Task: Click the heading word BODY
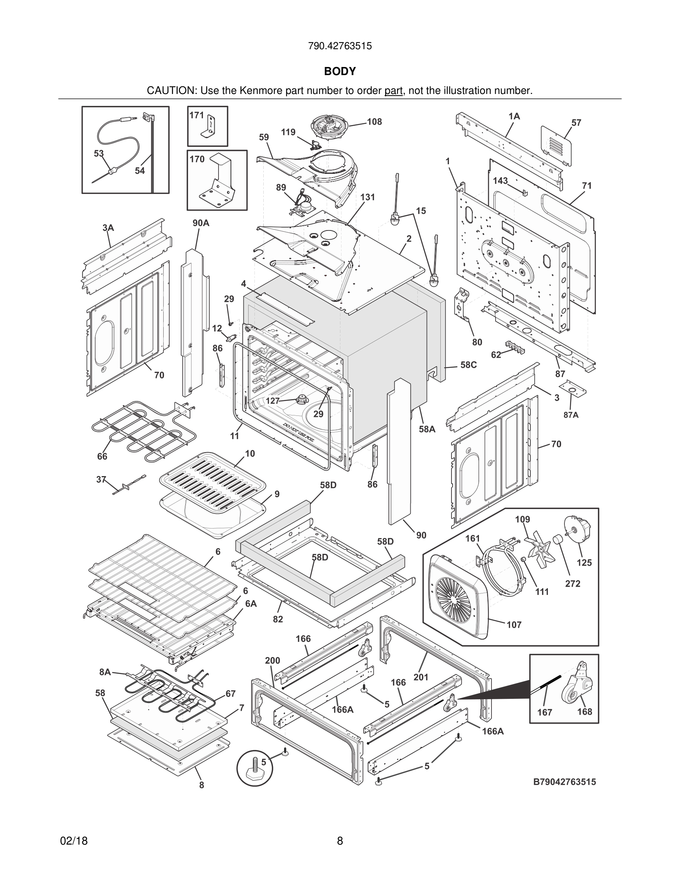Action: [x=340, y=71]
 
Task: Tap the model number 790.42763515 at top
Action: [x=340, y=46]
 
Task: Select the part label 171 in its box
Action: [x=197, y=115]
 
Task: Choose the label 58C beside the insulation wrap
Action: [x=469, y=365]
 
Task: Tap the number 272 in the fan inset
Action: [x=573, y=583]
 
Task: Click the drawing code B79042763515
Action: [x=564, y=782]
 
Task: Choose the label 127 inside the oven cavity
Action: [x=273, y=401]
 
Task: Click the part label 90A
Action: [x=201, y=223]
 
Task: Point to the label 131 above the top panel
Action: [x=367, y=197]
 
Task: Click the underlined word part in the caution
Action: [x=393, y=91]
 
